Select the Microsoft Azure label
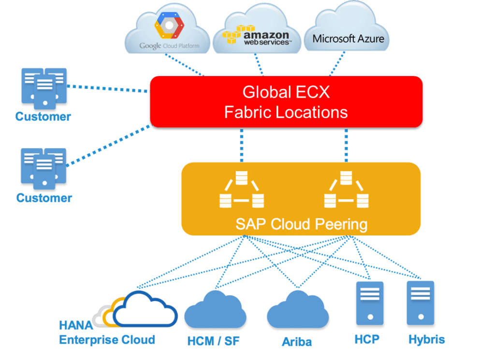(348, 38)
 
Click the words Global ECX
(286, 92)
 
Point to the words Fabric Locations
(286, 113)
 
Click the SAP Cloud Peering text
(301, 225)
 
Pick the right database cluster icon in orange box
(346, 190)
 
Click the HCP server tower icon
(370, 303)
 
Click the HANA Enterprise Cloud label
(107, 333)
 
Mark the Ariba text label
(297, 342)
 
